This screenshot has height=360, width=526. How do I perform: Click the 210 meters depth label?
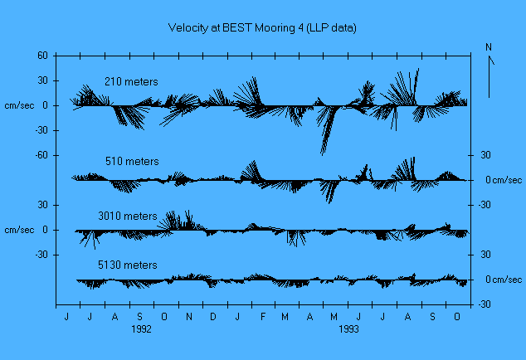tap(131, 81)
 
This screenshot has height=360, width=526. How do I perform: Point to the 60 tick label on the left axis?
tap(41, 56)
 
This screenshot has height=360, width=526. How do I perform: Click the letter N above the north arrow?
tap(489, 47)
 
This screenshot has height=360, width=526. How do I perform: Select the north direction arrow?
tap(490, 79)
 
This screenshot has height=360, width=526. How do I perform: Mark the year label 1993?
tap(348, 328)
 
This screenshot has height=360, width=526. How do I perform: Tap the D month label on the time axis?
tap(213, 317)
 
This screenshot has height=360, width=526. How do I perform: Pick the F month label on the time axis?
tap(261, 317)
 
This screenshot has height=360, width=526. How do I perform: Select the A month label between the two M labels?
tap(310, 317)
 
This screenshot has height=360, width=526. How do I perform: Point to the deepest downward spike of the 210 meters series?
tap(322, 153)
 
